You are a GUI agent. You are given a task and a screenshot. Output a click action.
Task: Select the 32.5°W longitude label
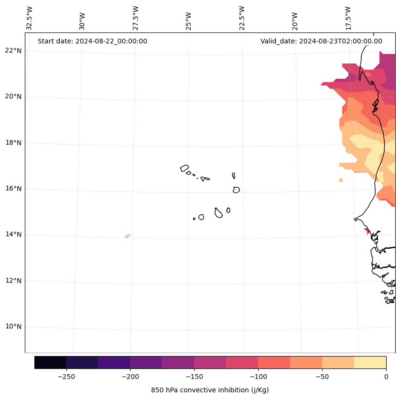(x=30, y=18)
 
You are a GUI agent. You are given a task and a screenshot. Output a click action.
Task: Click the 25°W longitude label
(x=189, y=21)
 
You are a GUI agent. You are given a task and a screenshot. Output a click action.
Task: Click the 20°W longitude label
(x=295, y=21)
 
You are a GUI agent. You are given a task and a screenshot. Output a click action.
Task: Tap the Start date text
(x=92, y=41)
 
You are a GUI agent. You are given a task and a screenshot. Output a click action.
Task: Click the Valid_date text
(x=321, y=41)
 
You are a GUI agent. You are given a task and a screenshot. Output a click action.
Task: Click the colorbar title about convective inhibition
(x=210, y=390)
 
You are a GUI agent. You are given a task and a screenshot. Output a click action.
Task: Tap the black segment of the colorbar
(x=50, y=362)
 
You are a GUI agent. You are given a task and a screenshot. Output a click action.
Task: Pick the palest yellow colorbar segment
(x=370, y=362)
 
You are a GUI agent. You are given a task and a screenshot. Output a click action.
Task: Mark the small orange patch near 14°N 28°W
(x=128, y=236)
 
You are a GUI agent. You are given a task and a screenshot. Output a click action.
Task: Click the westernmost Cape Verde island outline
(x=184, y=168)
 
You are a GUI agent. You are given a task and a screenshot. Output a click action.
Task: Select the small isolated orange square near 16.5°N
(x=341, y=180)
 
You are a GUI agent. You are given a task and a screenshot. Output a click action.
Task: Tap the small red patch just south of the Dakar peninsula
(x=367, y=231)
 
